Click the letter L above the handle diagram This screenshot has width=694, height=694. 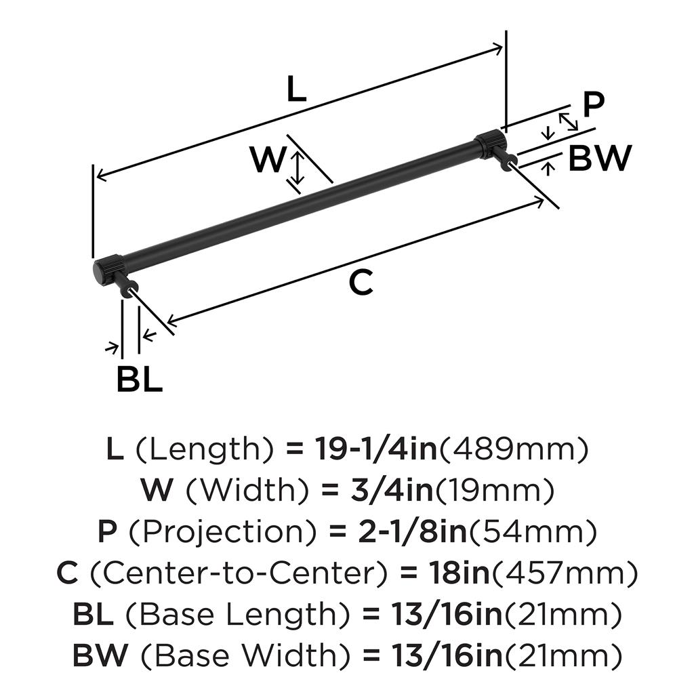tap(296, 89)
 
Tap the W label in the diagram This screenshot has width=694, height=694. tap(268, 161)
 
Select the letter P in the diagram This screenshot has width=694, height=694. tap(593, 105)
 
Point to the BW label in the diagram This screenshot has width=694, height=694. tap(600, 159)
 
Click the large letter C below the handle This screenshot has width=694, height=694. tap(361, 283)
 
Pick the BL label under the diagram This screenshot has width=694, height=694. tap(140, 380)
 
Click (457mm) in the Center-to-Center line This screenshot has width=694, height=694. tap(565, 574)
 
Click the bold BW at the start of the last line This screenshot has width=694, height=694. tap(100, 655)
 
